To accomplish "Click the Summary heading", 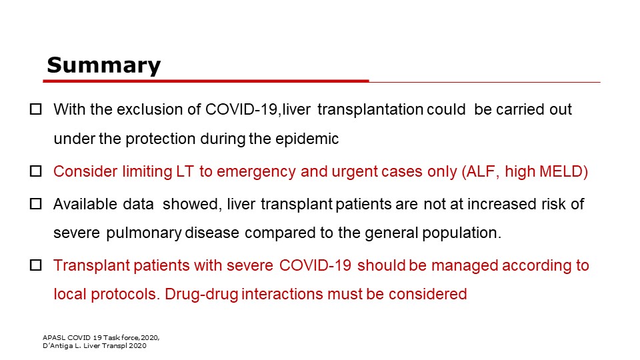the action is [104, 65].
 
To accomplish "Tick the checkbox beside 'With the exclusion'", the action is [36, 109].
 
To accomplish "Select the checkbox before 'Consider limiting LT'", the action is [36, 171].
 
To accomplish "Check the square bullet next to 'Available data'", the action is [36, 204].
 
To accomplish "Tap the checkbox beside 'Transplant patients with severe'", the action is [36, 265].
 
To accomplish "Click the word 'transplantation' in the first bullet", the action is [370, 110].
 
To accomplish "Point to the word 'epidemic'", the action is [307, 139].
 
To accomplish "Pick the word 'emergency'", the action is [256, 172].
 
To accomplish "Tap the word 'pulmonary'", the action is [144, 233].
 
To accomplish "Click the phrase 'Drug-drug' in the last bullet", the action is [201, 294].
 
